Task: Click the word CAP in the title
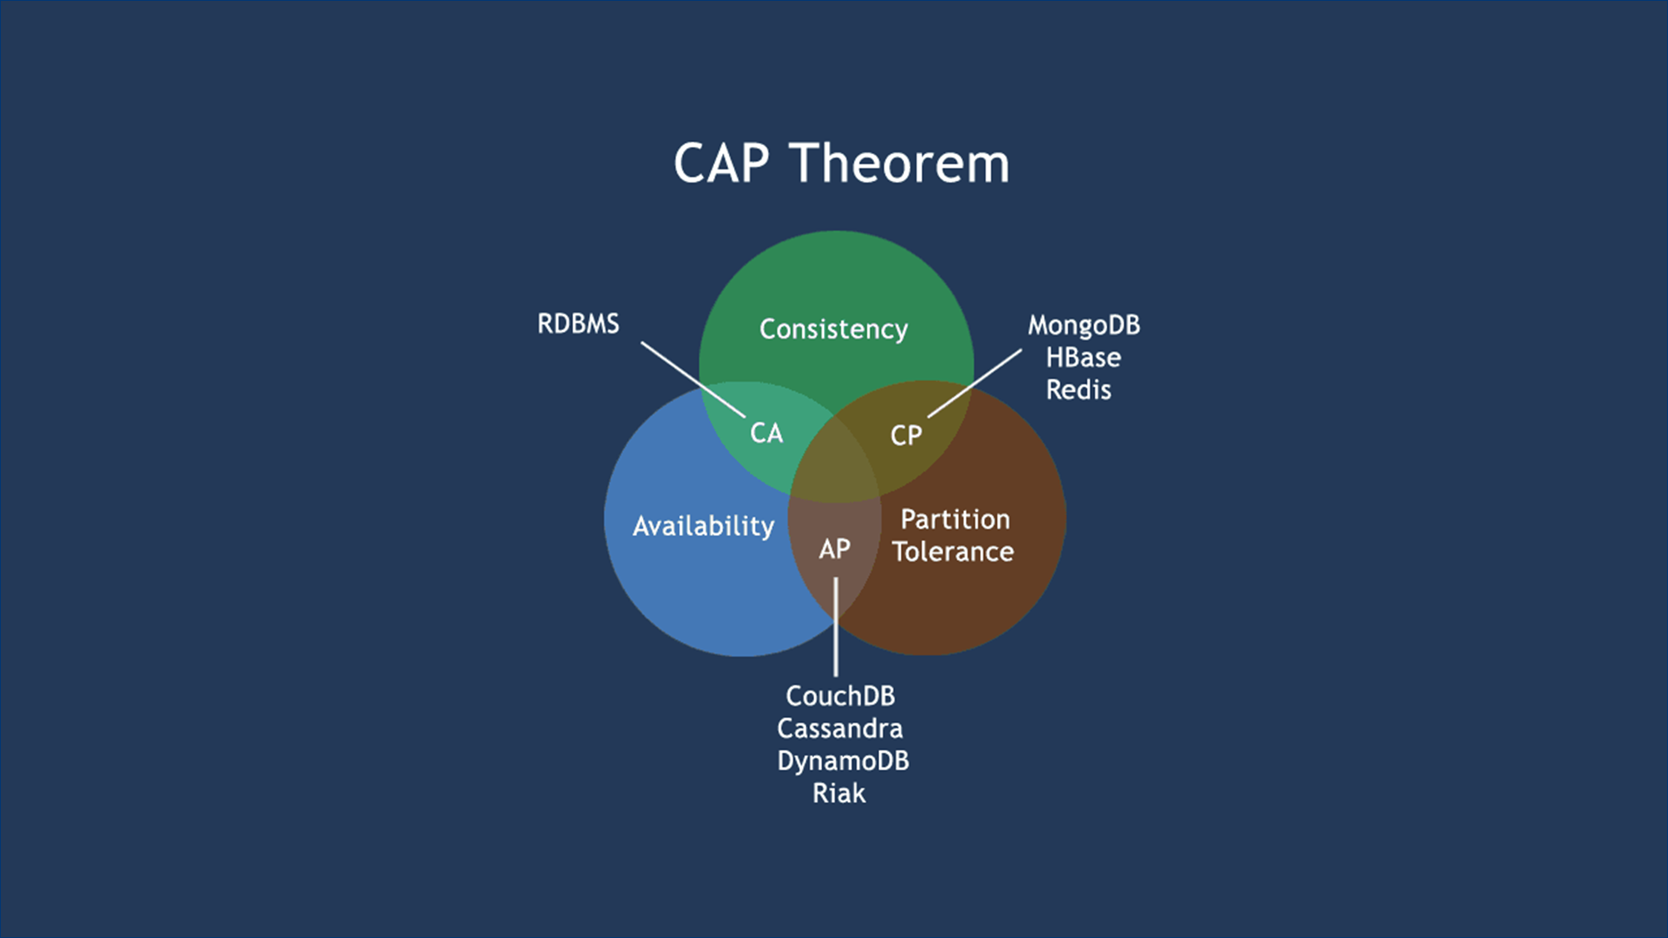pos(721,163)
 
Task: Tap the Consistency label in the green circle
pos(833,329)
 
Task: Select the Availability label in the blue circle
pos(703,526)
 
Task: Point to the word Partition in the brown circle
pos(955,519)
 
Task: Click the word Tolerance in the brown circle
pos(952,552)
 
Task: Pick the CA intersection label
pos(766,434)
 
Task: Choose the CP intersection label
pos(906,435)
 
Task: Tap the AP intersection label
pos(834,549)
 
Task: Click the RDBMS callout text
pos(578,324)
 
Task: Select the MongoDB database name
pos(1083,325)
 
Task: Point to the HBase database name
pos(1083,358)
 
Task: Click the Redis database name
pos(1078,390)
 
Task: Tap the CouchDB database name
pos(840,696)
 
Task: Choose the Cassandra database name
pos(840,729)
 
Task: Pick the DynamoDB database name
pos(842,761)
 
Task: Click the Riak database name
pos(839,794)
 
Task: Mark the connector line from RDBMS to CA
pos(692,379)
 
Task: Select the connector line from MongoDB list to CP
pos(974,383)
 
